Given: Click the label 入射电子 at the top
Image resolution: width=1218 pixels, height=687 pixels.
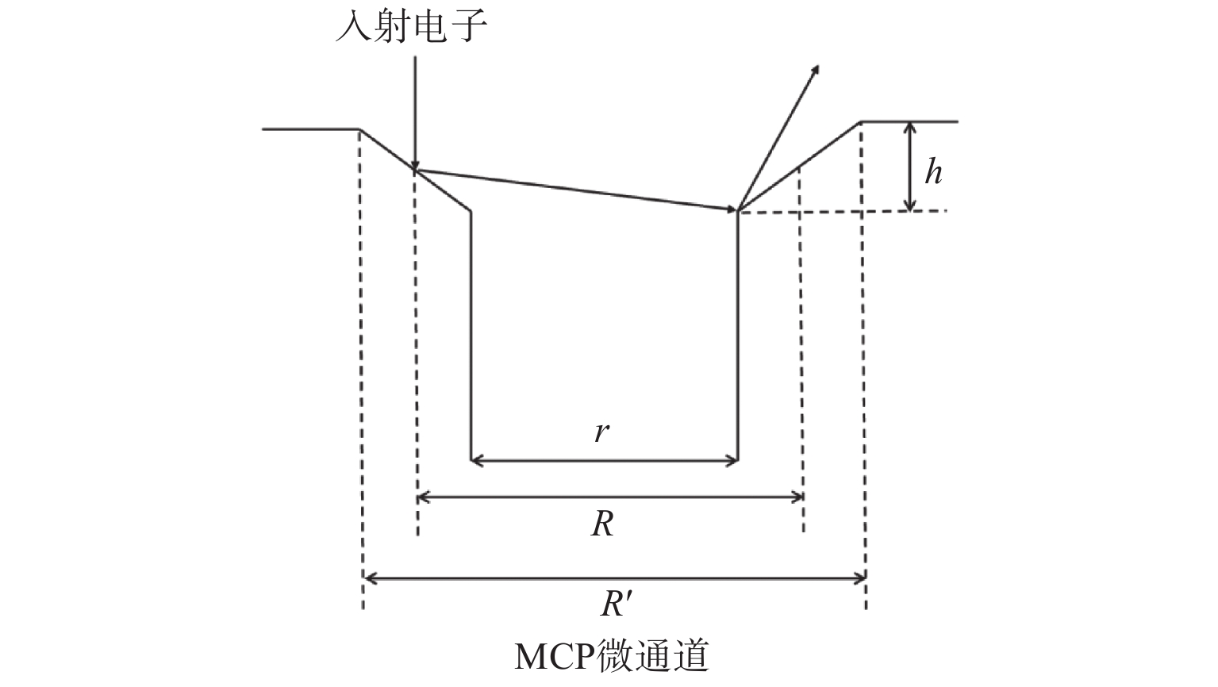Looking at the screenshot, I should (410, 26).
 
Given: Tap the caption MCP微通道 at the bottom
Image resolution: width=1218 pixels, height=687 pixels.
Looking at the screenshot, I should (611, 657).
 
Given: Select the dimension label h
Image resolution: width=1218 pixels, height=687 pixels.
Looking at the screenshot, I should (934, 171).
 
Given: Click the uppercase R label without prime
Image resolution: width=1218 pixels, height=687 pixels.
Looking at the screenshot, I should (602, 524).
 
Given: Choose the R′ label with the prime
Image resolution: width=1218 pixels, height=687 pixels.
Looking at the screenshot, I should (615, 604).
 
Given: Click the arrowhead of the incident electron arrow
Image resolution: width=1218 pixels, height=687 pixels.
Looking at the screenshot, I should (414, 164).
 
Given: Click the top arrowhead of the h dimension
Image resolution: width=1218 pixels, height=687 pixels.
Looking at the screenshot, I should (911, 128).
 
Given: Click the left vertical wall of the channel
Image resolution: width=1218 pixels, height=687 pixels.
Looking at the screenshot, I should (472, 333).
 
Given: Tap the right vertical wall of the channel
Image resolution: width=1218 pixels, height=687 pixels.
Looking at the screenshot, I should (739, 333).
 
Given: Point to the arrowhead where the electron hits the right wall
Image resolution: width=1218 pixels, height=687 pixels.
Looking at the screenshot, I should (732, 209).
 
